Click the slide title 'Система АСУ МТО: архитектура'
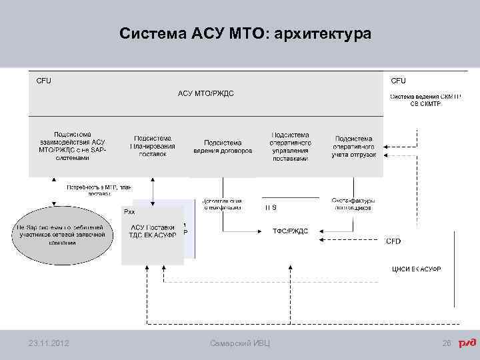(245, 33)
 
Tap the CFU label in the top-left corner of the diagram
(44, 81)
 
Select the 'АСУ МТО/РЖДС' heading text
(206, 93)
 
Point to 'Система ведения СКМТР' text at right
(425, 99)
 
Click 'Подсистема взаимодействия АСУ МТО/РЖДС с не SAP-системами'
(73, 146)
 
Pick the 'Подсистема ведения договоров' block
(223, 146)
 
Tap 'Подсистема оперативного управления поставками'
(290, 146)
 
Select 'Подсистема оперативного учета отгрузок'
(353, 146)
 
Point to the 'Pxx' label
(130, 211)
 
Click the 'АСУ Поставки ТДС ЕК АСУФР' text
(153, 231)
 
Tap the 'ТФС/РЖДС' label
(291, 231)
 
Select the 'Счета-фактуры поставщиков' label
(353, 203)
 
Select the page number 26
(447, 343)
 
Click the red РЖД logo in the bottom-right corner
(467, 343)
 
